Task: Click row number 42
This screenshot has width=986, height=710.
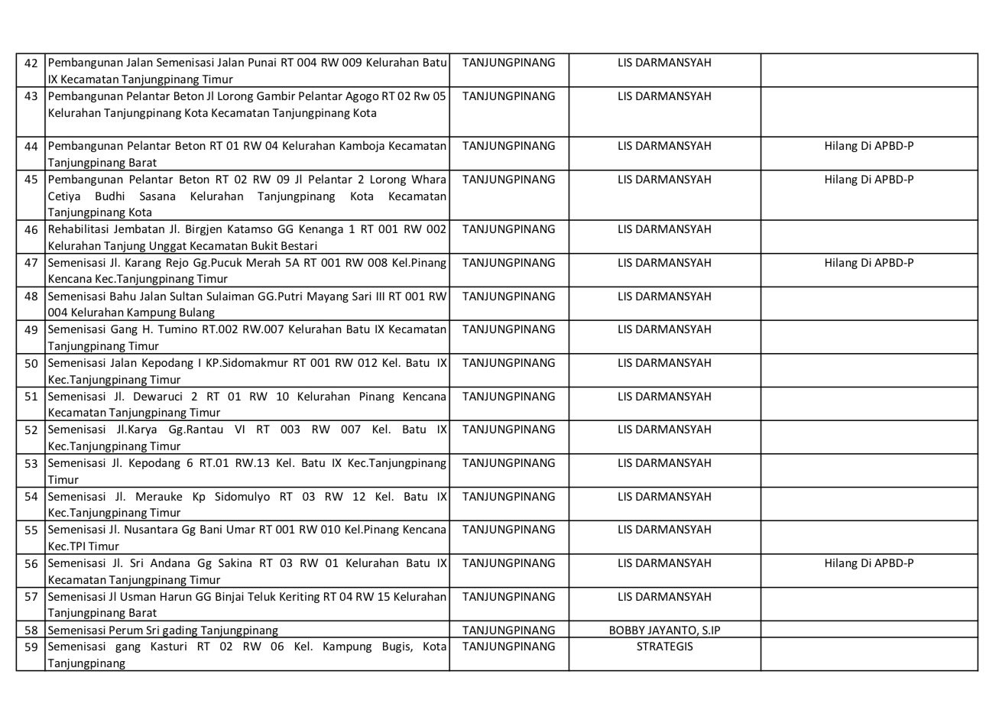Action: click(31, 63)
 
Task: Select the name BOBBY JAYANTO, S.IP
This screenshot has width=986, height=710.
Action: click(664, 631)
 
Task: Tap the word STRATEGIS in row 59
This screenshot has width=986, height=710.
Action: click(664, 647)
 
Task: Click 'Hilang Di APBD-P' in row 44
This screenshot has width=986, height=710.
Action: click(868, 146)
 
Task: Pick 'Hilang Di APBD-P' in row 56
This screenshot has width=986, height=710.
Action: click(868, 563)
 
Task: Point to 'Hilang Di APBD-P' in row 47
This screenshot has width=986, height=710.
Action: click(868, 263)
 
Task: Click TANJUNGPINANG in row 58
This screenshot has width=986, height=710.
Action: click(509, 631)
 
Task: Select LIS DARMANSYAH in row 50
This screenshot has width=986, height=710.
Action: click(664, 363)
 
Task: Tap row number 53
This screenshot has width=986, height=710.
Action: click(31, 463)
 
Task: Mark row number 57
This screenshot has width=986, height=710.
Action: click(31, 597)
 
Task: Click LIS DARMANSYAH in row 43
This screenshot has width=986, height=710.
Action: click(664, 96)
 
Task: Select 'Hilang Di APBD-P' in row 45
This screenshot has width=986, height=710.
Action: click(868, 180)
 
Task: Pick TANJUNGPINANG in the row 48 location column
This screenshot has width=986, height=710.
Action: click(509, 297)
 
